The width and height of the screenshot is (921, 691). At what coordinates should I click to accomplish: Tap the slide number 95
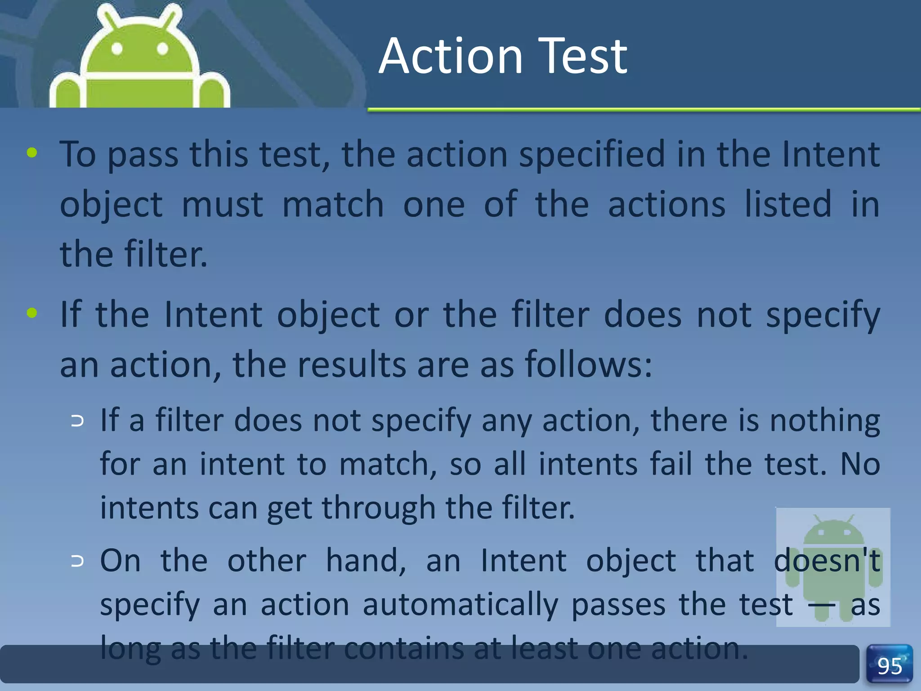[x=890, y=665]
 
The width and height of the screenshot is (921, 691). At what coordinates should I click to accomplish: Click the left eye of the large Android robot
[x=117, y=49]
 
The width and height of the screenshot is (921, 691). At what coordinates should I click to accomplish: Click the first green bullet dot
[x=32, y=153]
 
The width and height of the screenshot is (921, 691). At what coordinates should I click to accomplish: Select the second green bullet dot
[x=32, y=312]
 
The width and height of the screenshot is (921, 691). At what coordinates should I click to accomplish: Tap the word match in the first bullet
[x=333, y=205]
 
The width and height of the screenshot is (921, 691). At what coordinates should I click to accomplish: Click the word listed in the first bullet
[x=788, y=205]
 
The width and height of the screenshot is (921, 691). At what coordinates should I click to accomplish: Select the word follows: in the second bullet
[x=588, y=364]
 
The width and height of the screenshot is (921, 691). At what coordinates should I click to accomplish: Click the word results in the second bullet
[x=352, y=364]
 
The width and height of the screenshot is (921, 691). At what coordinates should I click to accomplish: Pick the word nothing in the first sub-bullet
[x=824, y=421]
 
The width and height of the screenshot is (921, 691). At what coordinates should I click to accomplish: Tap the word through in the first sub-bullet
[x=379, y=507]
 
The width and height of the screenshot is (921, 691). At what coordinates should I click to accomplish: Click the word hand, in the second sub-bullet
[x=366, y=561]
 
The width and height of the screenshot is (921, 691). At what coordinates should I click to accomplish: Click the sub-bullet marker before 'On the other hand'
[x=77, y=561]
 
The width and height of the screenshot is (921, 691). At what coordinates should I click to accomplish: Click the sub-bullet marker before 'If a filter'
[x=77, y=421]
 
